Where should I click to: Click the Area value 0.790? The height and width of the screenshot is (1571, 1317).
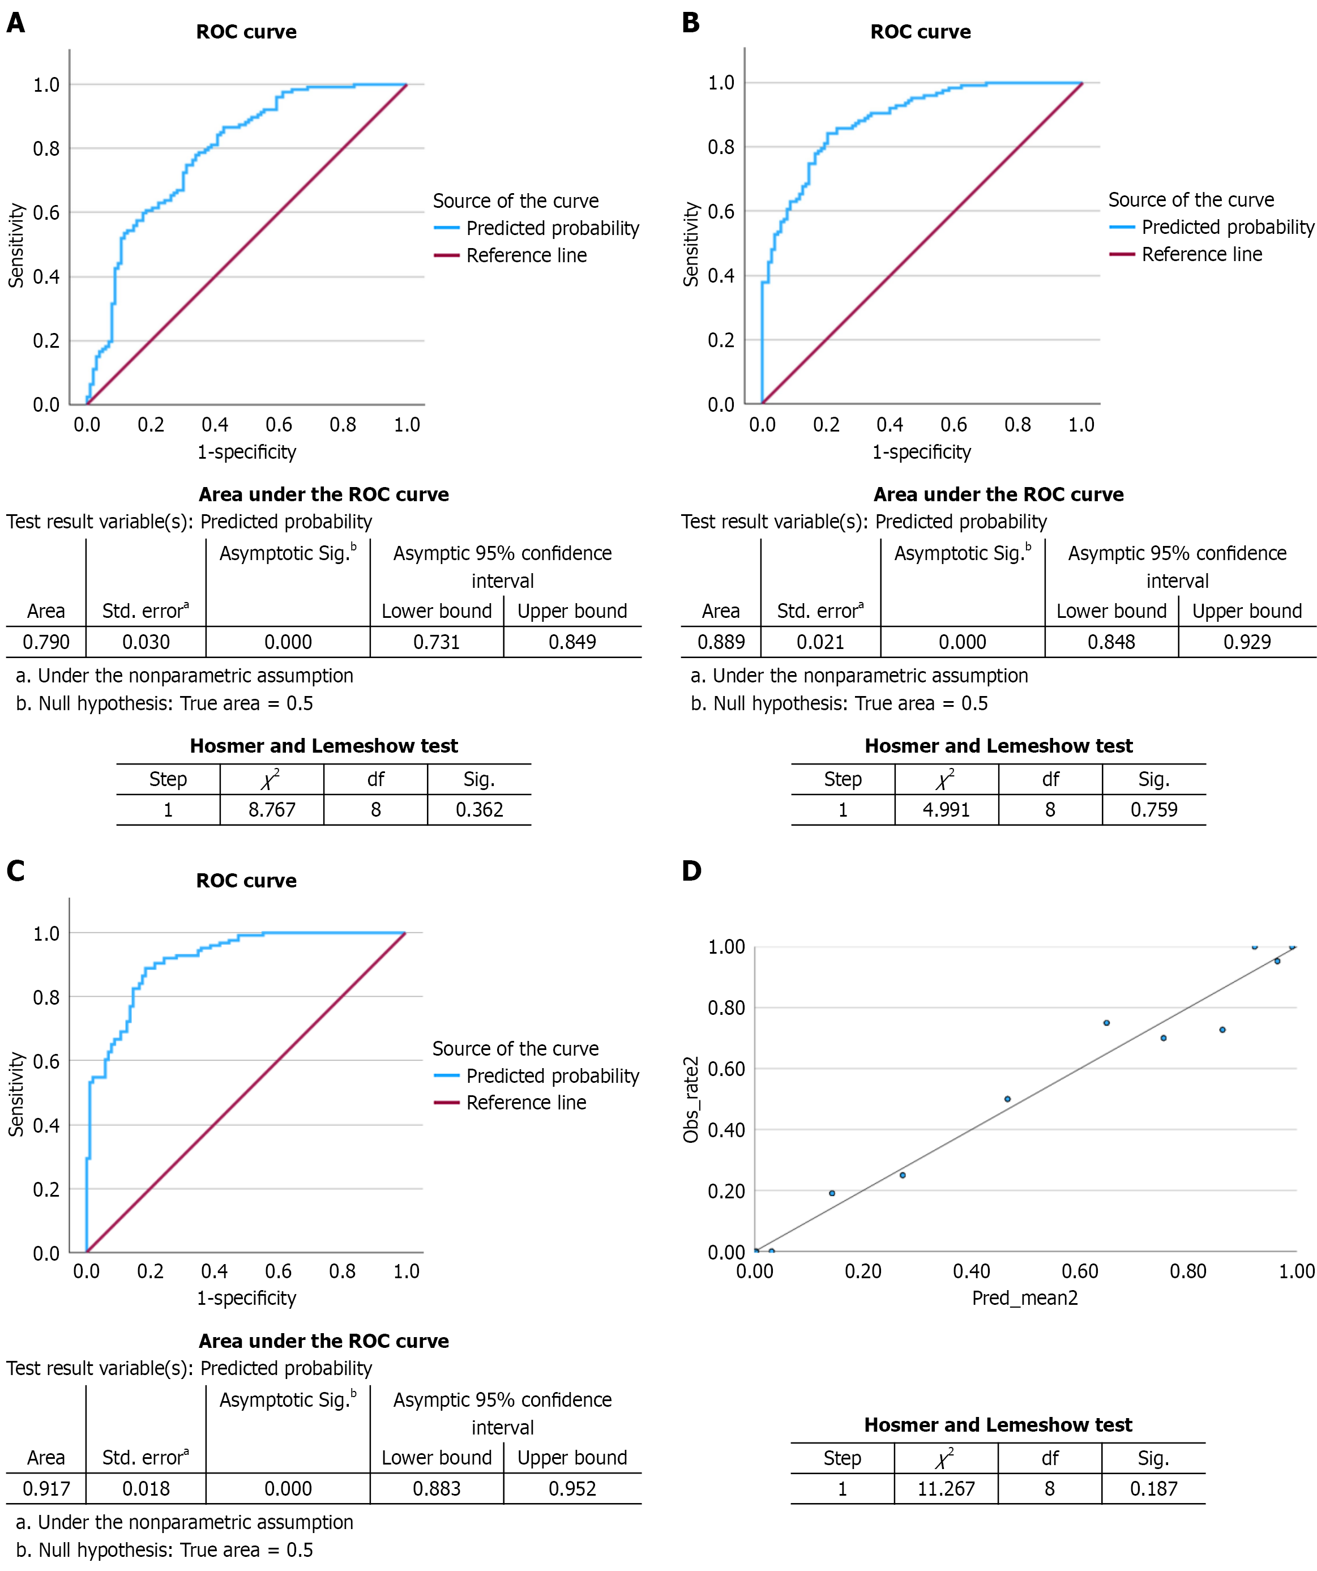pyautogui.click(x=46, y=642)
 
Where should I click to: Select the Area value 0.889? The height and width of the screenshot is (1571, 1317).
pyautogui.click(x=720, y=642)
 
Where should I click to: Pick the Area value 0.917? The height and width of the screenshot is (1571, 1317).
pyautogui.click(x=46, y=1489)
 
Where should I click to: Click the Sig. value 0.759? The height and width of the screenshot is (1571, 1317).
pyautogui.click(x=1153, y=809)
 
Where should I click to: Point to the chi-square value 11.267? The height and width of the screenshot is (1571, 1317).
pyautogui.click(x=946, y=1489)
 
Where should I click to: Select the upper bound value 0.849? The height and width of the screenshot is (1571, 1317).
pyautogui.click(x=572, y=642)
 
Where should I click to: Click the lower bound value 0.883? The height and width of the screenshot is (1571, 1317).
pyautogui.click(x=436, y=1489)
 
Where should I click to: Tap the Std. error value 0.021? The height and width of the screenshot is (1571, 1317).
pyautogui.click(x=820, y=642)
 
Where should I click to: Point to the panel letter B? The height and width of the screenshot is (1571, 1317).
pyautogui.click(x=690, y=23)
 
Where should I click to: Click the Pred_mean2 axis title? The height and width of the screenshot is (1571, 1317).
pyautogui.click(x=1025, y=1298)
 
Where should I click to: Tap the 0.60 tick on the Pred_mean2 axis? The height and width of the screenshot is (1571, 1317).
pyautogui.click(x=1079, y=1271)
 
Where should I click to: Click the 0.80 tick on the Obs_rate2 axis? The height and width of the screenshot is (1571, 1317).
pyautogui.click(x=726, y=1008)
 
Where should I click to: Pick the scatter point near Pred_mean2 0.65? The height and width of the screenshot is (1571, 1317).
pyautogui.click(x=1106, y=1023)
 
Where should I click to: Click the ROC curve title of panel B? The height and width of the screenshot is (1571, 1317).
pyautogui.click(x=920, y=32)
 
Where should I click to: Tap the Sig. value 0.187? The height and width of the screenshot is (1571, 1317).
pyautogui.click(x=1153, y=1489)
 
